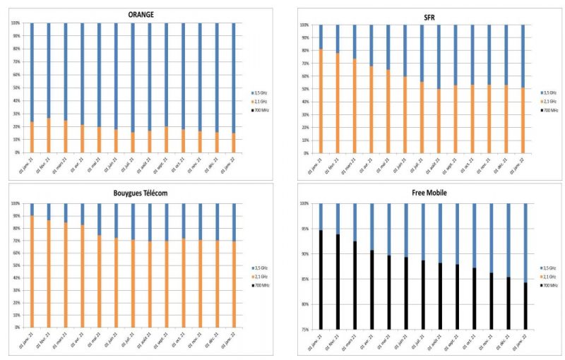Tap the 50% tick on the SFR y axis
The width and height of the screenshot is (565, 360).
[x=304, y=89]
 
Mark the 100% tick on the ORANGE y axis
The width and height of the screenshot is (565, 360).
[x=16, y=23]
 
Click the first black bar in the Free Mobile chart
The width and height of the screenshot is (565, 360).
[x=321, y=280]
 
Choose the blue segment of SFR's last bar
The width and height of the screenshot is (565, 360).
[x=523, y=56]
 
